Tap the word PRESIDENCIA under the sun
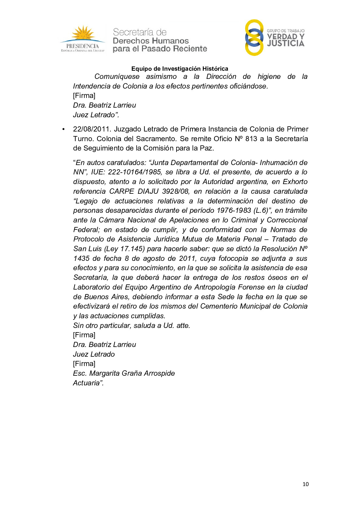point(83,46)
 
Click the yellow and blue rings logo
point(254,37)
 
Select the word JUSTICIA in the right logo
point(286,44)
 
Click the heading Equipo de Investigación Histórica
point(180,69)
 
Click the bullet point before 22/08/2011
point(63,129)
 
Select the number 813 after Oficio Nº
point(251,139)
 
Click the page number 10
point(306,484)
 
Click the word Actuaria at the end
point(87,383)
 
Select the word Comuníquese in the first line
point(117,76)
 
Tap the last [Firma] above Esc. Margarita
point(84,364)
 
